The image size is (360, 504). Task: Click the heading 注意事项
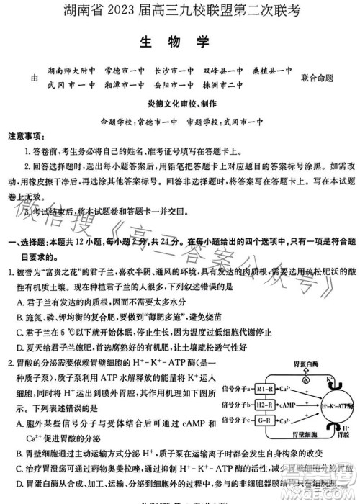(x=27, y=136)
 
